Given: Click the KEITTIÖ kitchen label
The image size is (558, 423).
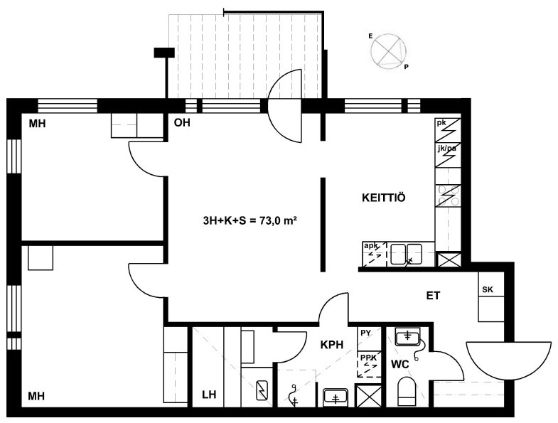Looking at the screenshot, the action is pos(383,197).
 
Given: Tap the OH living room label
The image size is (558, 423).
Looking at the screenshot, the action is pos(182,123).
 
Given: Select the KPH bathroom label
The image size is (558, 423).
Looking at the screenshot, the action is pos(332,345).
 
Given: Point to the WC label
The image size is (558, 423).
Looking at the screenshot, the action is pos(400,364).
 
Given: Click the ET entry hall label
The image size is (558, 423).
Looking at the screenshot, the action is pos(433,296).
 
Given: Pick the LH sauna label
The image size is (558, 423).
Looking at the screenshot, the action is pos(209,395).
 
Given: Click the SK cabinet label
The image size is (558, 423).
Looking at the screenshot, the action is pos(488,289).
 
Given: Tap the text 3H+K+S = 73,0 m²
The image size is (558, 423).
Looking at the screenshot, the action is pos(250,221).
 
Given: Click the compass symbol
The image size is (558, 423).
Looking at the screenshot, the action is pos(388,50).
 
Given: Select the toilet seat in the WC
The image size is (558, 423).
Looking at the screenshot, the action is pos(407,392).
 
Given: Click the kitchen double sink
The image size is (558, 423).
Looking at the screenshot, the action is pos(406,254).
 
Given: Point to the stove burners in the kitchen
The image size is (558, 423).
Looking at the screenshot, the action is pos(448,196).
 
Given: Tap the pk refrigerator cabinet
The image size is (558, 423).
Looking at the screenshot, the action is pos(448,130).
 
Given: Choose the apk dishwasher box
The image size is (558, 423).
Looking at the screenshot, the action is pos(375,254).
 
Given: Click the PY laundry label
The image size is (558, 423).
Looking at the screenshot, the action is pos(366,333).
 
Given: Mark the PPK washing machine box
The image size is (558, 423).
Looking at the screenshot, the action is pos(369,364).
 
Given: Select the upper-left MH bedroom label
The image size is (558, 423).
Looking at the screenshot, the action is pos(37,124).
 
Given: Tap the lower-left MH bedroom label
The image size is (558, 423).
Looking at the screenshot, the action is pos(37,395).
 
